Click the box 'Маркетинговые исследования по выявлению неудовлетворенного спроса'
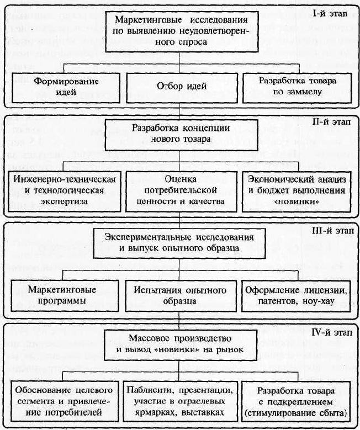(x=182, y=31)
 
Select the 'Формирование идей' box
(x=66, y=87)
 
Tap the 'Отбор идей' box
(x=182, y=88)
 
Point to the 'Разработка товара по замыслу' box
(x=297, y=88)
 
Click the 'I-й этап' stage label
(x=330, y=13)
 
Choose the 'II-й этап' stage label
(x=331, y=121)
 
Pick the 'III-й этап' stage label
(x=333, y=231)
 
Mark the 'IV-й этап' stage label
(x=332, y=333)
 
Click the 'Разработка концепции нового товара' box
(x=181, y=135)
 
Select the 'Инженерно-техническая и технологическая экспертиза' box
(x=65, y=192)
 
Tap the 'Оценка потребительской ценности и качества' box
(x=181, y=192)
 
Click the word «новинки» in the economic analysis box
(x=297, y=202)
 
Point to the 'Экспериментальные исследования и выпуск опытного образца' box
(x=179, y=243)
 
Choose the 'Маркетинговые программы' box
(x=65, y=296)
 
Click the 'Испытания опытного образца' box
(x=181, y=296)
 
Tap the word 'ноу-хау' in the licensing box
(x=319, y=301)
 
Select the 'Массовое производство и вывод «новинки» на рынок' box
(x=180, y=345)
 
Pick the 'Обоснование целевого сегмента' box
(x=65, y=401)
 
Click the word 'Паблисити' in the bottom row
(x=147, y=390)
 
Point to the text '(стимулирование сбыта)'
(x=296, y=413)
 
